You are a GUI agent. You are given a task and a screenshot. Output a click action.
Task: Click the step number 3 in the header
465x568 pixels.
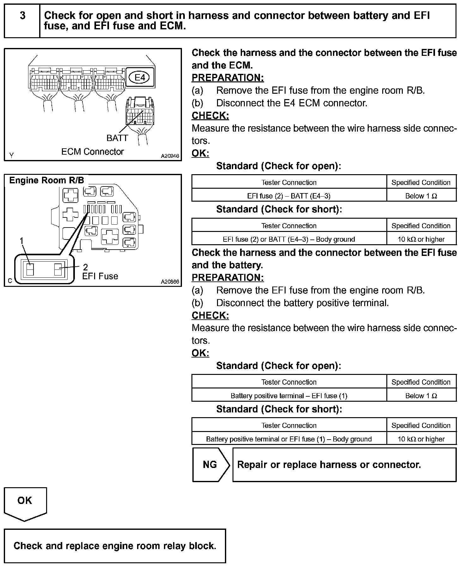22,16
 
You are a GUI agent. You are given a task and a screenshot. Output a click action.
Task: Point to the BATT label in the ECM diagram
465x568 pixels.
117,138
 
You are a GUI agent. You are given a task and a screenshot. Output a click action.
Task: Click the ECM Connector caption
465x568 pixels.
93,152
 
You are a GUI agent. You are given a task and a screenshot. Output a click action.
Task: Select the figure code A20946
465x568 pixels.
170,156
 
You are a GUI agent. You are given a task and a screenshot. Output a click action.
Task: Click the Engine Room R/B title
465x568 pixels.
46,180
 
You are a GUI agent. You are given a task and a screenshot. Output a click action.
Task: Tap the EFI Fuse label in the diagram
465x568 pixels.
100,276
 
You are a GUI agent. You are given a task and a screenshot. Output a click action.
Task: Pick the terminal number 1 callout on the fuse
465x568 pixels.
21,241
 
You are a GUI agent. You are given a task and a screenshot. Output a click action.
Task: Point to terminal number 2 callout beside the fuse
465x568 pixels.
85,267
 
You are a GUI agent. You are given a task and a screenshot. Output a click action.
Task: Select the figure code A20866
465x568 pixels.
170,282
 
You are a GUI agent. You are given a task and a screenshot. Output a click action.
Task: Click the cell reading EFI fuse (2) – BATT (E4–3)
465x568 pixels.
289,196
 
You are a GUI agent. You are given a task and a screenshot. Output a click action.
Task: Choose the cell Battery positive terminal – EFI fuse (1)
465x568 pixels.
289,396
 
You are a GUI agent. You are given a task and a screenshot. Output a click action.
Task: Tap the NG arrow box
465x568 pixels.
210,464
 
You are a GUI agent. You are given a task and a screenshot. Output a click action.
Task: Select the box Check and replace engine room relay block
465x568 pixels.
115,546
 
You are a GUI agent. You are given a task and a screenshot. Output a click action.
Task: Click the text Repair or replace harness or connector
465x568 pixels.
329,464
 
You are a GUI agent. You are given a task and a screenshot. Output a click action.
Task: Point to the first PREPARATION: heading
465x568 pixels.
227,78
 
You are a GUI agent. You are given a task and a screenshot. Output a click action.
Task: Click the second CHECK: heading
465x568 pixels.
210,315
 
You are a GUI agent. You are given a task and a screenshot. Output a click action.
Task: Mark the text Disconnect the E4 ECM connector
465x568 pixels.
292,103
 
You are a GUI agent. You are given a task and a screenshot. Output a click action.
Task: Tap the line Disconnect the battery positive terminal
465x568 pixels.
302,303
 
